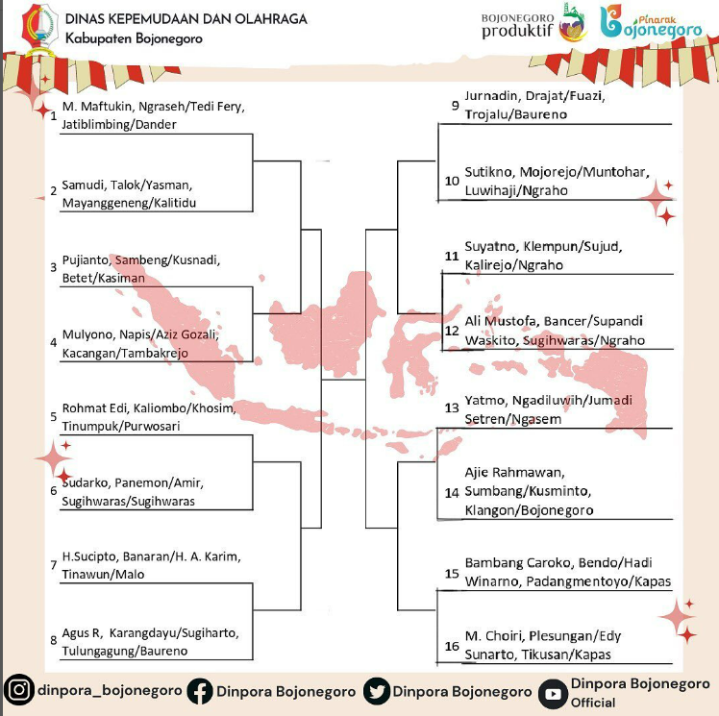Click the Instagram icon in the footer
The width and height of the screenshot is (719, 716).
click(19, 689)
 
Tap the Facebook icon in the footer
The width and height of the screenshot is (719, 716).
click(200, 691)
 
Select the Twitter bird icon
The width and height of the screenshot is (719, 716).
click(377, 691)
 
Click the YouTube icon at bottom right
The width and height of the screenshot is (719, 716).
click(553, 694)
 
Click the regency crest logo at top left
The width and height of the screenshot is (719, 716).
click(40, 29)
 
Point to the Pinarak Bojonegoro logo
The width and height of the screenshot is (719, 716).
click(651, 22)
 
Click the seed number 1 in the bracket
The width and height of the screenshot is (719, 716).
click(54, 116)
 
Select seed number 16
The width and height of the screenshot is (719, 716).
click(452, 646)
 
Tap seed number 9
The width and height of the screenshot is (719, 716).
click(455, 106)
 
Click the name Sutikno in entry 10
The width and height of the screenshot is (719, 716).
click(489, 172)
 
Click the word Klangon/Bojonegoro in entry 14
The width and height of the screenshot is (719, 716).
click(529, 510)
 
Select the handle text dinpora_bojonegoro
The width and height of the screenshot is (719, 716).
click(110, 690)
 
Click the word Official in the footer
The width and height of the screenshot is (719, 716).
click(593, 703)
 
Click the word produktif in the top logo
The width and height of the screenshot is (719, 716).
click(518, 31)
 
